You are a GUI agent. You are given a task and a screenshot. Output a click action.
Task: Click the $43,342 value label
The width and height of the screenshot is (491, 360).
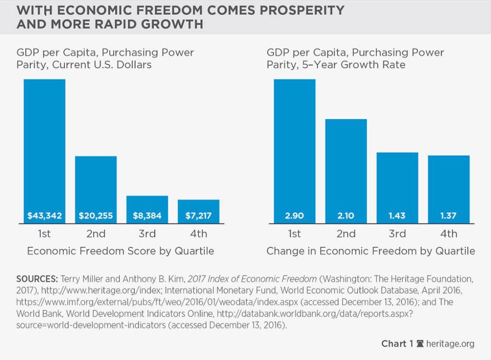click(44, 216)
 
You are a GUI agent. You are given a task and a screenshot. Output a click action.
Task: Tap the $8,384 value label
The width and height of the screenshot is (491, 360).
click(147, 216)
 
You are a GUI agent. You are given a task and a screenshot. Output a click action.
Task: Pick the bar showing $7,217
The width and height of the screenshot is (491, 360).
click(199, 211)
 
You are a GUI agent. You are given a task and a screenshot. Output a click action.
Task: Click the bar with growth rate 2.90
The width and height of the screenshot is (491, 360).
click(294, 149)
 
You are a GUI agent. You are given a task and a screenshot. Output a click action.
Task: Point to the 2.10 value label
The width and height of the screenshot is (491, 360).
click(346, 216)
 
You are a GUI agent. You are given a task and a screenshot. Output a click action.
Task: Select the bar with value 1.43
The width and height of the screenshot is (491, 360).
click(397, 187)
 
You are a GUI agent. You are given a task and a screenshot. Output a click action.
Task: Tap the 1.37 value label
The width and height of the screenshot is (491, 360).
click(448, 216)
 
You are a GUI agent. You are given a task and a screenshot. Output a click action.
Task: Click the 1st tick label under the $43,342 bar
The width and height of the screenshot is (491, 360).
click(44, 234)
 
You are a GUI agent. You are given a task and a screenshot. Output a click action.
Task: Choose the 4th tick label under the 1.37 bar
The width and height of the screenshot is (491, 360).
click(448, 234)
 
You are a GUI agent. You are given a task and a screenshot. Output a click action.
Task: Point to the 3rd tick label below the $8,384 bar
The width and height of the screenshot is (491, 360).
click(147, 234)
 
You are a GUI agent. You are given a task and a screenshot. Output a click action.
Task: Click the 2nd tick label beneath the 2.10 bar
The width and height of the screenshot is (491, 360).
click(346, 234)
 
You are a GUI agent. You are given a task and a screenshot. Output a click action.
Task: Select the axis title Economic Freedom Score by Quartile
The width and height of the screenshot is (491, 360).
click(120, 251)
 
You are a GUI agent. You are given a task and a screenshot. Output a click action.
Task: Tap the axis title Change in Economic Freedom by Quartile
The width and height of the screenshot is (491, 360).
click(371, 251)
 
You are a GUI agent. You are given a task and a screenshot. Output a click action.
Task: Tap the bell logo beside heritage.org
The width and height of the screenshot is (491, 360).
click(421, 344)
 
